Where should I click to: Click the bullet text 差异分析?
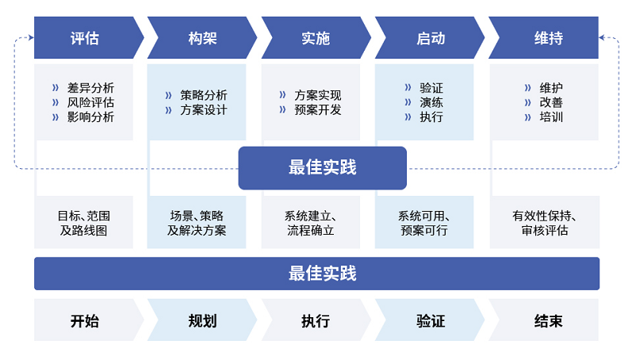(90, 87)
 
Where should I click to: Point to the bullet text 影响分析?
(90, 117)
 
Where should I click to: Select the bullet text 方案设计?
(203, 110)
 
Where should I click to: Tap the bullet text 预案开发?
(317, 110)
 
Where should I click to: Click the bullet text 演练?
(431, 102)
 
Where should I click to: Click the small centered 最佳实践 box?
(322, 168)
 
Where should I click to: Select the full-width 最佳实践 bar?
(316, 274)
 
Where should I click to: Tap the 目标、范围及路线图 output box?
(83, 223)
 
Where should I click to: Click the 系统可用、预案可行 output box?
(423, 223)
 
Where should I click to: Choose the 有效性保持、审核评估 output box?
(544, 223)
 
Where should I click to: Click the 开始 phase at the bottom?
(84, 321)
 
